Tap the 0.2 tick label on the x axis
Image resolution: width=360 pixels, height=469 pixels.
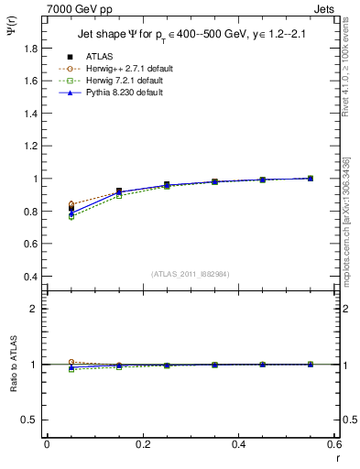(143, 443)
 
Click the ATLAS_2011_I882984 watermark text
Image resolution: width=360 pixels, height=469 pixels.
(190, 273)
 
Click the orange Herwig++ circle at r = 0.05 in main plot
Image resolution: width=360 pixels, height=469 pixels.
(71, 204)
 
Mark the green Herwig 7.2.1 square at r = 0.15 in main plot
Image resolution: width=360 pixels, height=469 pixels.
(119, 195)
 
